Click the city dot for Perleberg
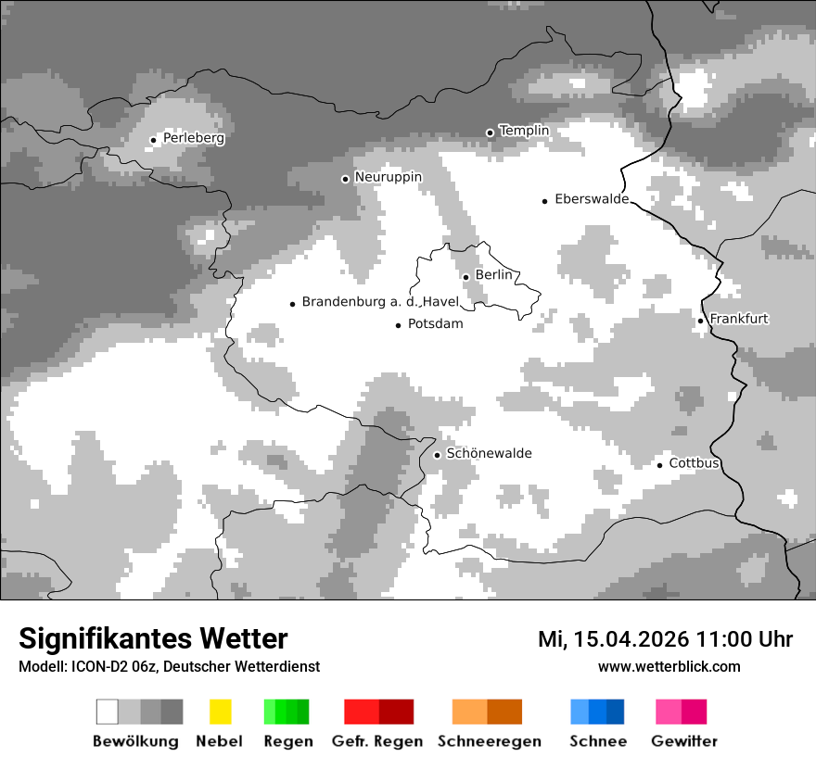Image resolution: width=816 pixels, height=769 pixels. (154, 140)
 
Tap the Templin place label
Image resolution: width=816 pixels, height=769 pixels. (524, 131)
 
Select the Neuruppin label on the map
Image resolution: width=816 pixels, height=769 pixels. (388, 176)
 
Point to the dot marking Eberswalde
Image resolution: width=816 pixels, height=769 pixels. (545, 200)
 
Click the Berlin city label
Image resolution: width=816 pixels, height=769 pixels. (493, 275)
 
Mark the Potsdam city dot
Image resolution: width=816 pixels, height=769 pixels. (399, 325)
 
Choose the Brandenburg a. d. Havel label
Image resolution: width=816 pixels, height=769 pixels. (380, 302)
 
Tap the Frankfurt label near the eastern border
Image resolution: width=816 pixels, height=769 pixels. (739, 319)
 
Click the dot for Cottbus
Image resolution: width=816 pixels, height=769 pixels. (660, 464)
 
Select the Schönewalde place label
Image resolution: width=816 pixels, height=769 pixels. (489, 453)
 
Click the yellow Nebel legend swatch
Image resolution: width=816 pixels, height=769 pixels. (220, 712)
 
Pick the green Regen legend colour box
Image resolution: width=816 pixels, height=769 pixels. (287, 712)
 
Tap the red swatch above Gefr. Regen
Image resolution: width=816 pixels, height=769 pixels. (378, 712)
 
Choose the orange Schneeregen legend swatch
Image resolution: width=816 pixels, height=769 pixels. (487, 712)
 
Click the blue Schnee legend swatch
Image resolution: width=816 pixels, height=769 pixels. (597, 712)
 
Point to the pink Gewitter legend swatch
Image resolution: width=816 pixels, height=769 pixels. (681, 712)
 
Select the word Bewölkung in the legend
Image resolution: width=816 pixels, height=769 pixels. (135, 741)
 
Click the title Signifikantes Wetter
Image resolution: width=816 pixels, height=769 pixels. (153, 638)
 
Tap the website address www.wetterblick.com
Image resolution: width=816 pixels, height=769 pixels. (669, 666)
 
